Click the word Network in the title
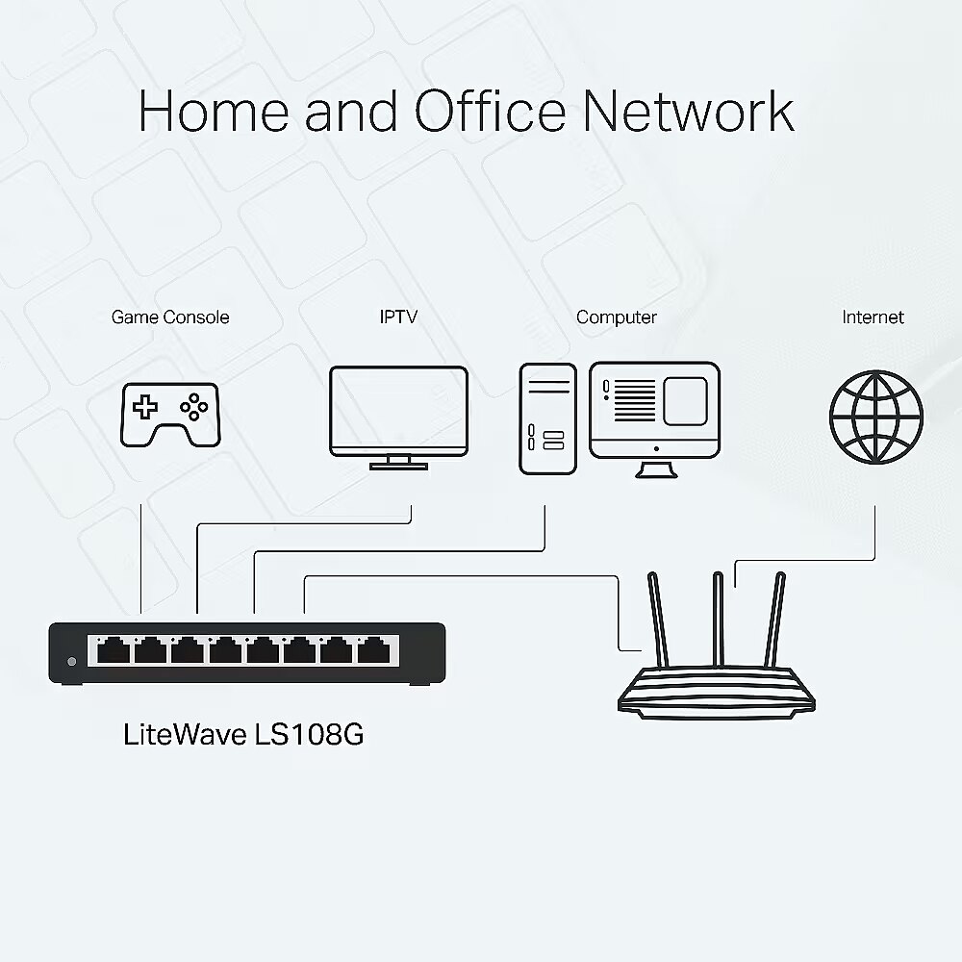(689, 111)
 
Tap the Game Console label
(170, 317)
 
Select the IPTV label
(399, 316)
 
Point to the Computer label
(617, 317)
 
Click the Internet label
(873, 317)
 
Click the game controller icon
(170, 416)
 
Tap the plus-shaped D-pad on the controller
(145, 407)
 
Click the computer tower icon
(548, 419)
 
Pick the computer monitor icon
(654, 419)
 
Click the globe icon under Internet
(876, 418)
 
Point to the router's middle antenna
(718, 620)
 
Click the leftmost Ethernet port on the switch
(114, 650)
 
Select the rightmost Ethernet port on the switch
(373, 650)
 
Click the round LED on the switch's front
(72, 662)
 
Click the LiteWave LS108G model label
(243, 734)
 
